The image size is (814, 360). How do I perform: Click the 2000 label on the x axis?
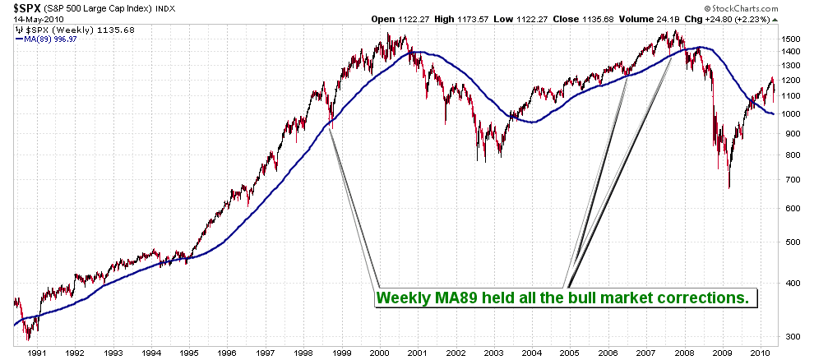click(x=378, y=353)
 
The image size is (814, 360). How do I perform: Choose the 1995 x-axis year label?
click(x=189, y=353)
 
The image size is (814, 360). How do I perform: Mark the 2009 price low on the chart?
click(x=729, y=187)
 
